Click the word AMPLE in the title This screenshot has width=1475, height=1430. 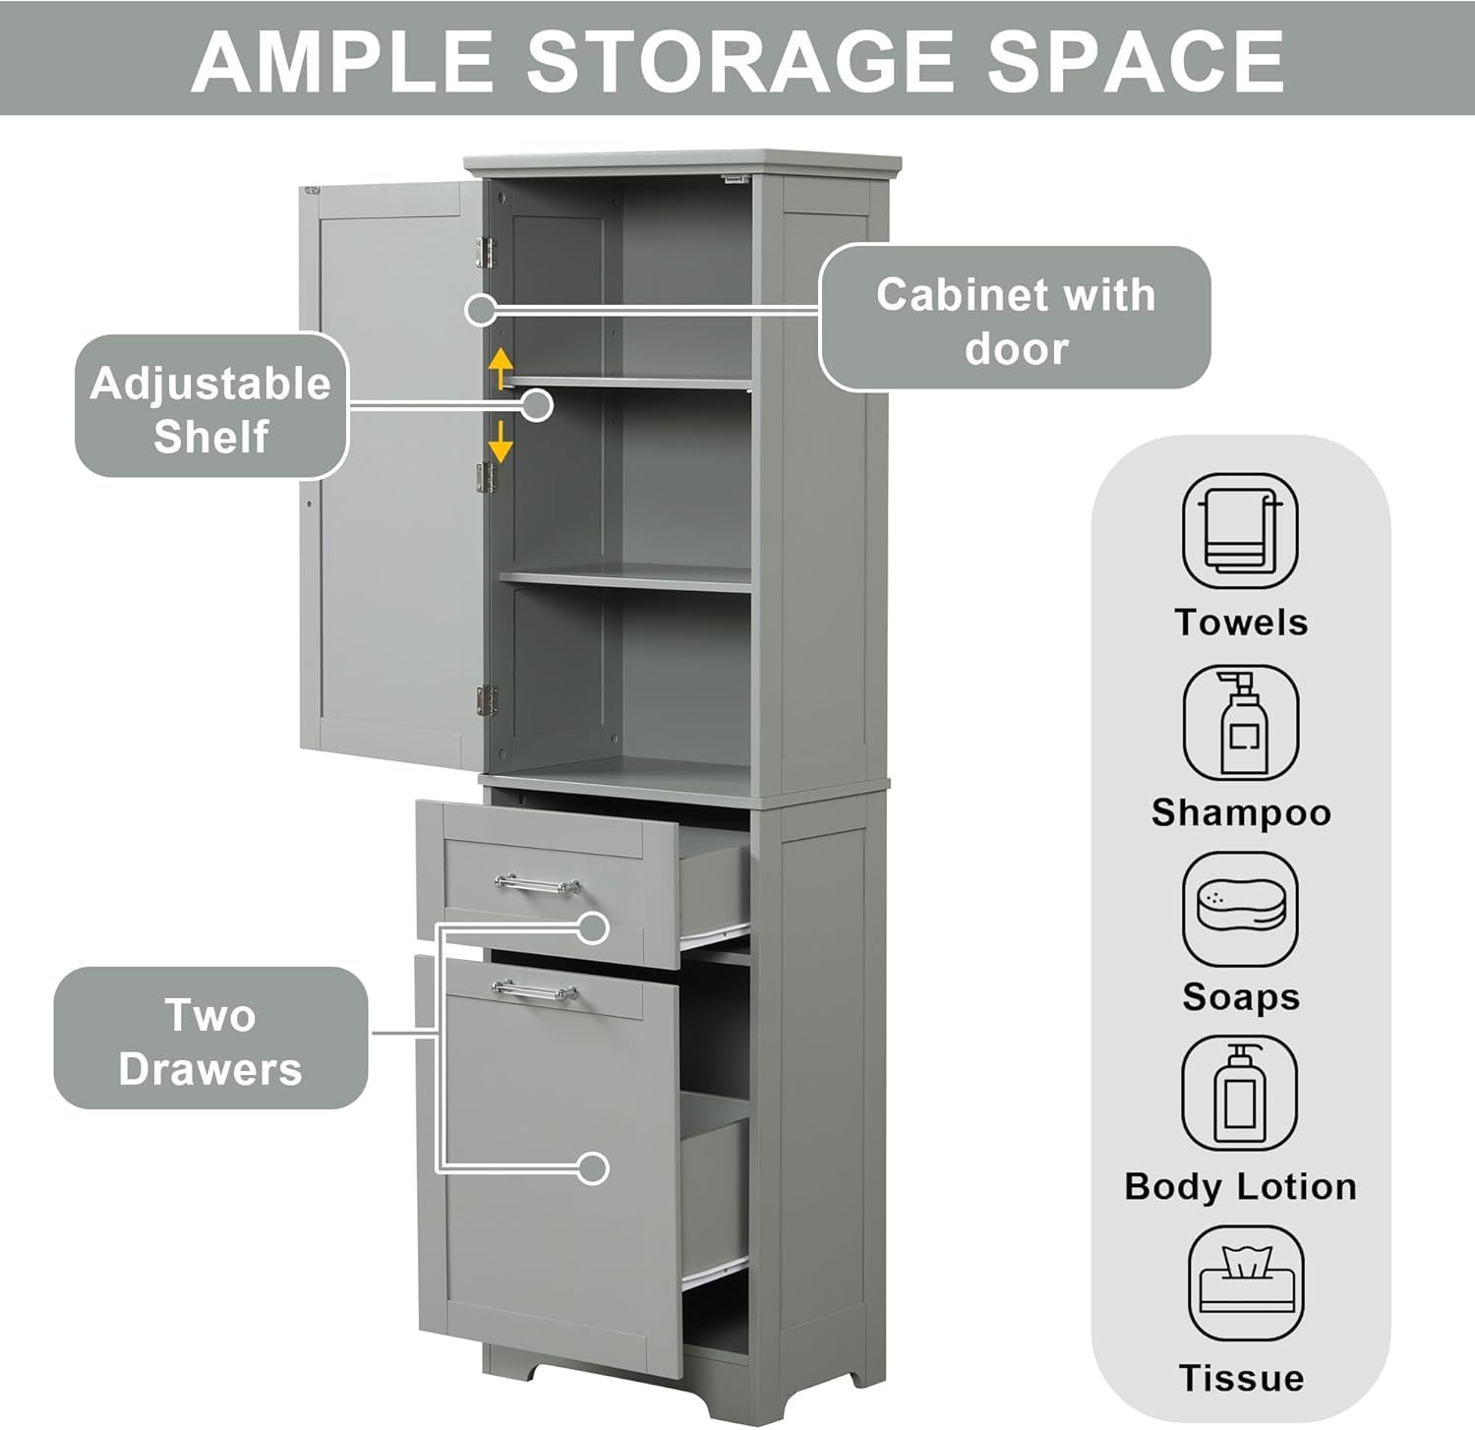point(341,62)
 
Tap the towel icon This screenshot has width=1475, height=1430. point(1240,531)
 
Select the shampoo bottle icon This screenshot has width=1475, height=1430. point(1240,723)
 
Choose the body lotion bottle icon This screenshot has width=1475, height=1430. point(1239,1093)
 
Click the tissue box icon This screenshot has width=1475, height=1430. point(1245,1281)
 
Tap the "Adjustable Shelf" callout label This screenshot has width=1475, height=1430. point(211,408)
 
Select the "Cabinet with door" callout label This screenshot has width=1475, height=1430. point(1015,320)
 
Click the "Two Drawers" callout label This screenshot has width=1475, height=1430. point(210,1041)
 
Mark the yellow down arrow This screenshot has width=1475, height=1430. point(501,443)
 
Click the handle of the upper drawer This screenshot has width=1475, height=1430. point(537,884)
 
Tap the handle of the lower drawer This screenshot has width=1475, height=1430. point(534,990)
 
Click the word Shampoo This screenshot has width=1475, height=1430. point(1241,813)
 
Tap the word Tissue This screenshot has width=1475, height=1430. point(1241,1378)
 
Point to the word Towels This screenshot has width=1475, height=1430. point(1241,623)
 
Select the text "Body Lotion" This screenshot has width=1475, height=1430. point(1240,1187)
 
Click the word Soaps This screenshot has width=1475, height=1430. point(1241,997)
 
